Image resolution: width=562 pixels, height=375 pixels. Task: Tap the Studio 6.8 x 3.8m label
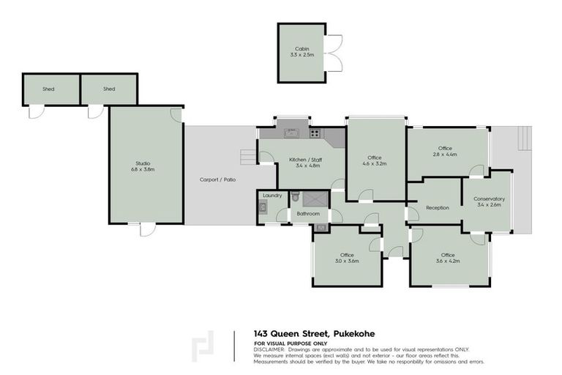[x=144, y=166]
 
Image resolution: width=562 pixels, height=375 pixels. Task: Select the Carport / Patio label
[x=218, y=179]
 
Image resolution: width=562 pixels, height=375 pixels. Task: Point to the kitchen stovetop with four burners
[x=315, y=133]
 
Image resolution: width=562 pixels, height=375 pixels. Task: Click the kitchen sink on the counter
[x=291, y=133]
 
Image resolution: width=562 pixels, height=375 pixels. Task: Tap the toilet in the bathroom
[x=296, y=197]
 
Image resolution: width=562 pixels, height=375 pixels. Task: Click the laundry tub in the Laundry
[x=263, y=208]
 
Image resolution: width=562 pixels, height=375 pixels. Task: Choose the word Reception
[x=438, y=207]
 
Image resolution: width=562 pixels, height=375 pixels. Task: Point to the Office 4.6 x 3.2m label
[x=375, y=160]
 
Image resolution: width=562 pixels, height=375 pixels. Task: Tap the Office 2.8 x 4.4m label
[x=445, y=152]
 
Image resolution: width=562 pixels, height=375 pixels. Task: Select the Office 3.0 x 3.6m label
[x=346, y=258]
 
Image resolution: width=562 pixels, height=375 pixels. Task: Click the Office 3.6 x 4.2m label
[x=447, y=258]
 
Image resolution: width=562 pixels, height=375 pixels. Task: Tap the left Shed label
[x=48, y=89]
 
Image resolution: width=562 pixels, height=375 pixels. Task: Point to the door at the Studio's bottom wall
[x=147, y=229]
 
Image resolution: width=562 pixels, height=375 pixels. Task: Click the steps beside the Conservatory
[x=524, y=137]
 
